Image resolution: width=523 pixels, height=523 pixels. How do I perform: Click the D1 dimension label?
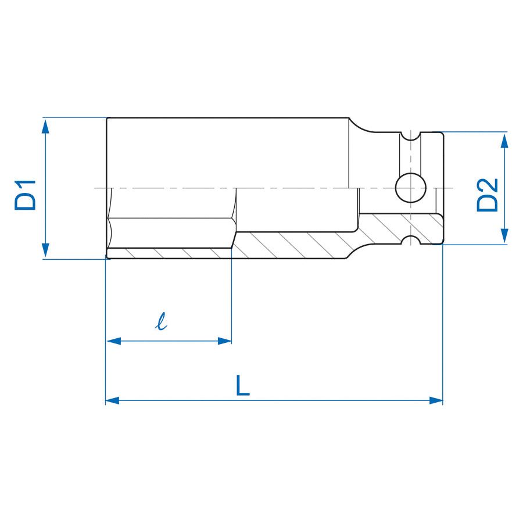26,195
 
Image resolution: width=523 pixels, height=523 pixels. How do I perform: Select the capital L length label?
243,385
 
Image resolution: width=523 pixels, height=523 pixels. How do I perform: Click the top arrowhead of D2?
504,139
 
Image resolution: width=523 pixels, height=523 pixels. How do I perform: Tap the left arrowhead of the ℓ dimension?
113,341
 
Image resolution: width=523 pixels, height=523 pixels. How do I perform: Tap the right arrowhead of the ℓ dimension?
224,341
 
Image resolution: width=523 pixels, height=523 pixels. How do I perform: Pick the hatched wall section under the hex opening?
169,253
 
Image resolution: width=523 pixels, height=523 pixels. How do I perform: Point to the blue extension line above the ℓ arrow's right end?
232,296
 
